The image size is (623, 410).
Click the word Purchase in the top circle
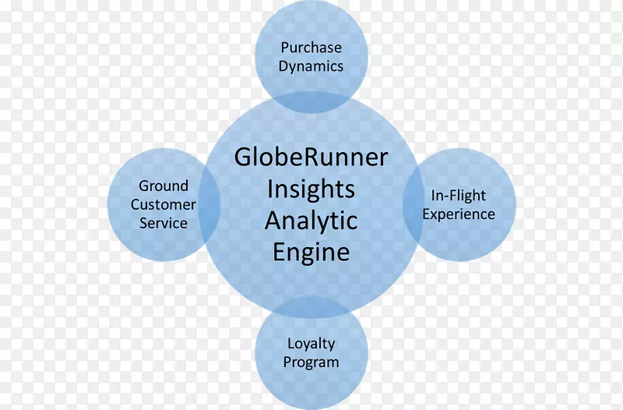click(x=311, y=47)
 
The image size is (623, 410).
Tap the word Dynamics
click(x=311, y=66)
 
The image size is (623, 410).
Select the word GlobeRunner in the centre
click(x=311, y=157)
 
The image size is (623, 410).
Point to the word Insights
click(x=311, y=189)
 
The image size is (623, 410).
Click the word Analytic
click(x=311, y=221)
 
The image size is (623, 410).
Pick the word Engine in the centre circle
click(x=311, y=253)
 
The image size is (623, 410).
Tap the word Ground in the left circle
click(x=164, y=186)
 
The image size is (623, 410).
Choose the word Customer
click(x=164, y=204)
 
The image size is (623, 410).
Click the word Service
click(x=164, y=223)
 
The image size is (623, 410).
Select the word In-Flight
click(x=459, y=195)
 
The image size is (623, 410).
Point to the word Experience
click(x=459, y=214)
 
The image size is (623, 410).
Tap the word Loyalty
click(x=311, y=343)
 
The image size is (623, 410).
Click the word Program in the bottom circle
click(x=311, y=362)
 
